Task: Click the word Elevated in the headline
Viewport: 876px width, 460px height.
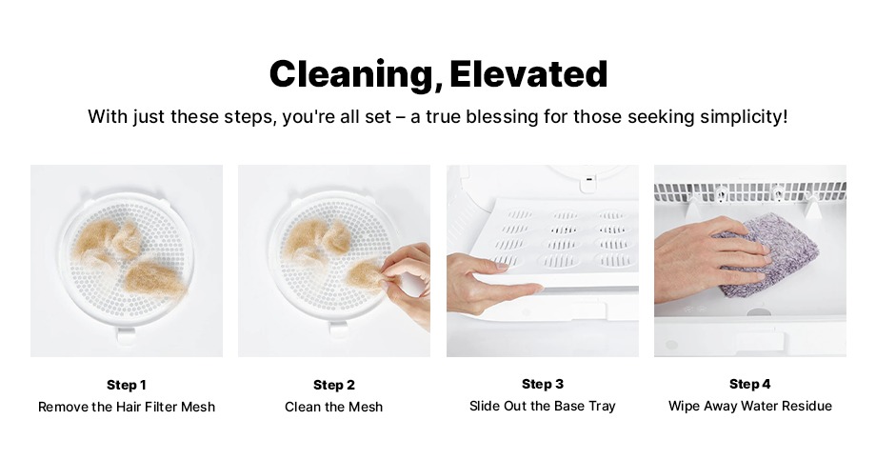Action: (528, 73)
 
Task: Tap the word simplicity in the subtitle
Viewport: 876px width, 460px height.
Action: (745, 117)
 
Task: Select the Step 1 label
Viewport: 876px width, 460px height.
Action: (127, 385)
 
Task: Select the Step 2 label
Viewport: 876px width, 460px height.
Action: (334, 385)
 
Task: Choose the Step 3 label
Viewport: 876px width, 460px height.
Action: (543, 384)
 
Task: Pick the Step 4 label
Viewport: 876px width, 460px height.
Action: (749, 384)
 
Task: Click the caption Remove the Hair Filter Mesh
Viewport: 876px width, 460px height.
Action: (127, 407)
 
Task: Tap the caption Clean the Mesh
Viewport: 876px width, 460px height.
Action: (334, 407)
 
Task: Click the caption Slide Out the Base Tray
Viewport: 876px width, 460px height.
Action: (543, 406)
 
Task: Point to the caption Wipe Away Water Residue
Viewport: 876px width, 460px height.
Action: (749, 406)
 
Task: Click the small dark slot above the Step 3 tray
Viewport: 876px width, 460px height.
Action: (589, 179)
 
